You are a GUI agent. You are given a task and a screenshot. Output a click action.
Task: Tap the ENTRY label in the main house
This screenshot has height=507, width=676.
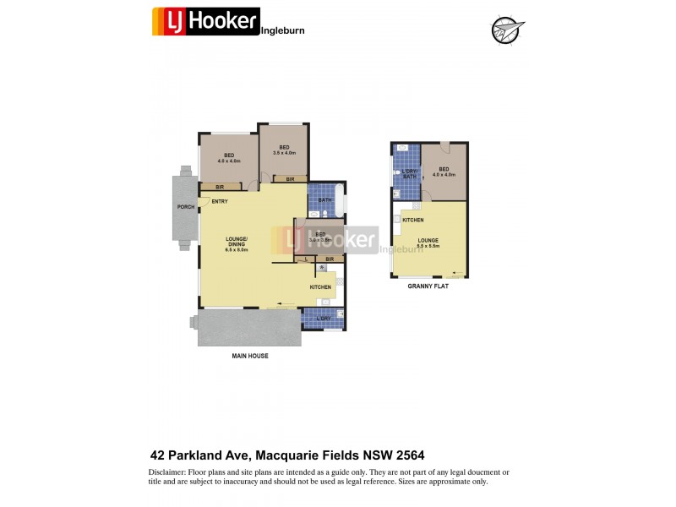(220, 201)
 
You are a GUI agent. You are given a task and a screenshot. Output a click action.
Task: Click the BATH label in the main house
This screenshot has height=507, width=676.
(324, 200)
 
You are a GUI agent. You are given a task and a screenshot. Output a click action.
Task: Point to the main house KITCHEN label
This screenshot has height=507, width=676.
(320, 287)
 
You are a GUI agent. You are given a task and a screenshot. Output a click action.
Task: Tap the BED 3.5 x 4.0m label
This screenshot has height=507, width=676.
(284, 150)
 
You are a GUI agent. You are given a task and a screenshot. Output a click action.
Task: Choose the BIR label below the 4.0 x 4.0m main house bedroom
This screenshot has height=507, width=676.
(220, 187)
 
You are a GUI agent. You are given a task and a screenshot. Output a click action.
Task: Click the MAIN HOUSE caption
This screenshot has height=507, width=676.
(250, 356)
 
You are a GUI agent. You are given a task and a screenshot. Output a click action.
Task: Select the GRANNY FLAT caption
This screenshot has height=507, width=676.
(428, 286)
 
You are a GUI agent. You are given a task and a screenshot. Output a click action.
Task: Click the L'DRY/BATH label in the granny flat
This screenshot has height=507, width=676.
(409, 174)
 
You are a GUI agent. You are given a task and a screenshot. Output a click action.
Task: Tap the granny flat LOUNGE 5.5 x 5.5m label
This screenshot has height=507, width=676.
(428, 243)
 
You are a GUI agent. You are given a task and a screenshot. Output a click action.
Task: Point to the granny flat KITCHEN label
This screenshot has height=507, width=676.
(412, 221)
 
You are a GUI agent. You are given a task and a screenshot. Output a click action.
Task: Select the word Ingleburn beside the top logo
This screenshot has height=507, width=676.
(283, 30)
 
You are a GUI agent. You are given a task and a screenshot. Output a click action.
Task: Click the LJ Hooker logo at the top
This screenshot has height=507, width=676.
(205, 20)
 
